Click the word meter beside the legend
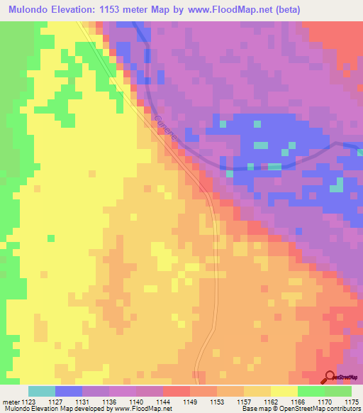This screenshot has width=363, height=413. pyautogui.click(x=11, y=402)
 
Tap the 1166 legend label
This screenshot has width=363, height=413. pyautogui.click(x=298, y=402)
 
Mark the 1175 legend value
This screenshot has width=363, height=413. pyautogui.click(x=351, y=402)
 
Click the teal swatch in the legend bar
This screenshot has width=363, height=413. pyautogui.click(x=42, y=391)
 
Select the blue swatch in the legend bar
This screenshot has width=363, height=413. pyautogui.click(x=69, y=391)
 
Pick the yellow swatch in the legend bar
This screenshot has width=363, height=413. pyautogui.click(x=284, y=391)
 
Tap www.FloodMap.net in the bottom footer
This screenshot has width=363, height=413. pyautogui.click(x=143, y=409)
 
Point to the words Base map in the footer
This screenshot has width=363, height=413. pyautogui.click(x=252, y=409)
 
